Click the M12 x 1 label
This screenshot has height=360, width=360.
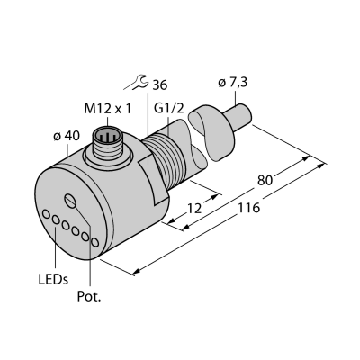(108, 109)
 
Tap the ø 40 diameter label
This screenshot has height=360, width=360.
(67, 136)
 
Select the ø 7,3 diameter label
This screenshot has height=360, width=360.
(233, 83)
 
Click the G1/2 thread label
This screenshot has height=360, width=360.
(168, 109)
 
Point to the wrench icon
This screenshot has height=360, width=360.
(136, 83)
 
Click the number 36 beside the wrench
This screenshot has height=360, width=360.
(159, 85)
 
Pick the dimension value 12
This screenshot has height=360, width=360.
(194, 209)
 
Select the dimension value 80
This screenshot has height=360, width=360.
(265, 181)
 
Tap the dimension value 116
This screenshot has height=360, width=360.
(248, 208)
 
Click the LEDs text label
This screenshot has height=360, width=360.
(53, 280)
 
